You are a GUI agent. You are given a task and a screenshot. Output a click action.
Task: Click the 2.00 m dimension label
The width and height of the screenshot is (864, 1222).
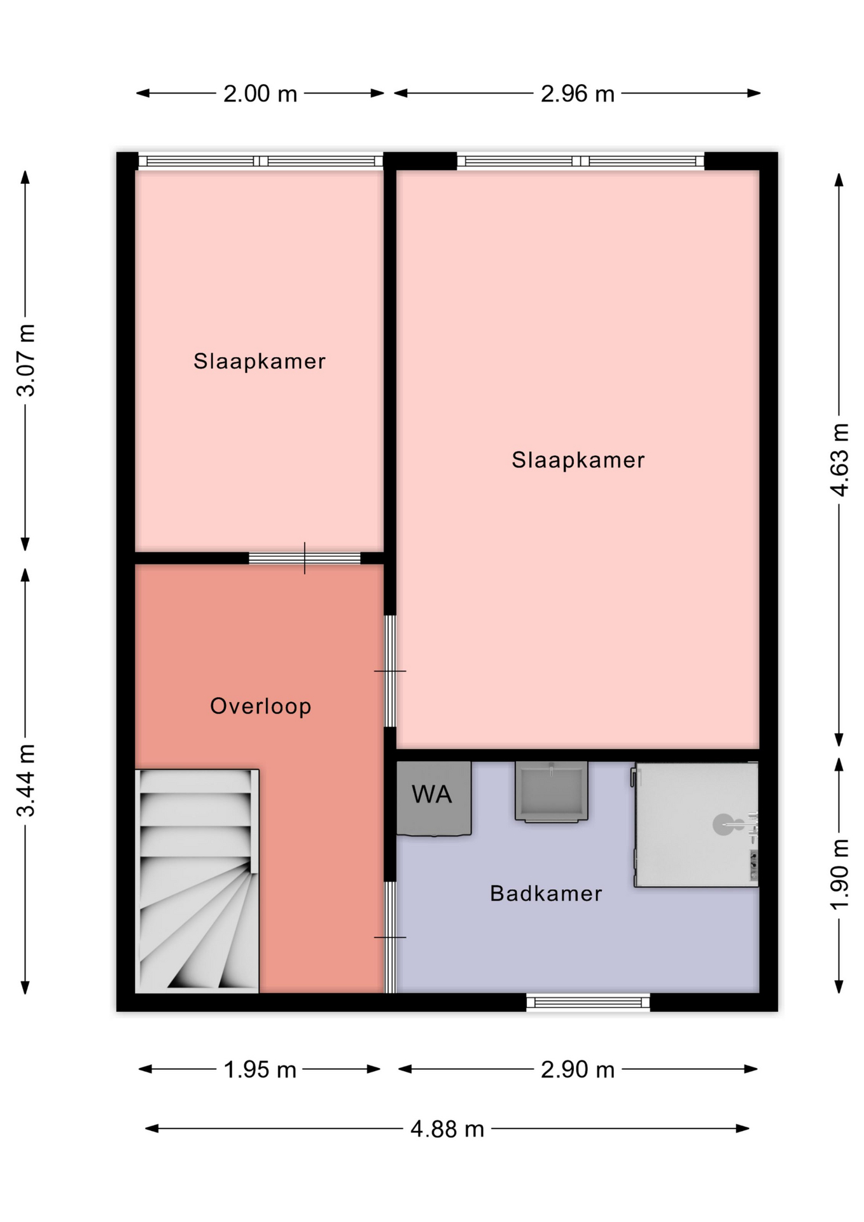(260, 94)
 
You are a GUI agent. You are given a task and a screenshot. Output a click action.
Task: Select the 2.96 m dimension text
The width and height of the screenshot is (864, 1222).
(578, 94)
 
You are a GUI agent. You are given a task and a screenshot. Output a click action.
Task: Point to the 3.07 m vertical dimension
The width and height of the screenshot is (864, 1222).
(25, 360)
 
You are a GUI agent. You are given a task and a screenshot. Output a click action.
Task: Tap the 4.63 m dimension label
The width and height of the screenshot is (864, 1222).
(839, 460)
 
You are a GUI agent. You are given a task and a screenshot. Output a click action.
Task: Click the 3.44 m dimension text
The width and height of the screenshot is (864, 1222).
(25, 780)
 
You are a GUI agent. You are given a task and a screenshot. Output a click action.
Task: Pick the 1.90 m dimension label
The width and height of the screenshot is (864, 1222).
(839, 874)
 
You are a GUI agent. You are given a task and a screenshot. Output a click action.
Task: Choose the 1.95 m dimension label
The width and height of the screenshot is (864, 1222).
(260, 1069)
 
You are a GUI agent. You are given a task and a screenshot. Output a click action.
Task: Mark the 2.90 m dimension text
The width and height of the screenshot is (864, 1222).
(578, 1069)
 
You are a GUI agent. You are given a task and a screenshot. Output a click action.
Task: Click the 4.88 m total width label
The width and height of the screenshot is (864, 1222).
(447, 1129)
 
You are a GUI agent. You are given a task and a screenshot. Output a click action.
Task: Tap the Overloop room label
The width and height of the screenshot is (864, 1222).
(261, 706)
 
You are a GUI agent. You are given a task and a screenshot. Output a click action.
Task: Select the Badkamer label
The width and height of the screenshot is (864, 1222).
(546, 894)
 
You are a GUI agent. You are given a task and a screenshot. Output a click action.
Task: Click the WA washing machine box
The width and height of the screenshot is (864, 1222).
(434, 798)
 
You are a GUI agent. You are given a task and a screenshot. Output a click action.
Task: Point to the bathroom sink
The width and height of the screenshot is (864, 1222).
(552, 792)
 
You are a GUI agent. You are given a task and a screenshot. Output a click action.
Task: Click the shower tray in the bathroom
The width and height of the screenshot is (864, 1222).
(696, 825)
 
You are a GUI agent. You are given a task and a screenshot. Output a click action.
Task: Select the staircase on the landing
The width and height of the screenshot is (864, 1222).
(197, 881)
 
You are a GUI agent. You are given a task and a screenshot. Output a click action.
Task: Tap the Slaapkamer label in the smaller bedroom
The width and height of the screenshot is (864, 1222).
(260, 362)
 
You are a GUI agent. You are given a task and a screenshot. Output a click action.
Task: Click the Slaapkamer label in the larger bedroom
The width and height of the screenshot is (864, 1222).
(578, 460)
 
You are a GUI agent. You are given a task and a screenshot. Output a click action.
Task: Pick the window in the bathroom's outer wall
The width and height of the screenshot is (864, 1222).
(589, 1003)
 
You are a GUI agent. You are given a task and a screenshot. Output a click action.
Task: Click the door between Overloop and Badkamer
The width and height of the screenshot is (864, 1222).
(391, 937)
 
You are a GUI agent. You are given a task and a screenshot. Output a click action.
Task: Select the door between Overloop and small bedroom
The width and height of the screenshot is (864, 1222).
(305, 558)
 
